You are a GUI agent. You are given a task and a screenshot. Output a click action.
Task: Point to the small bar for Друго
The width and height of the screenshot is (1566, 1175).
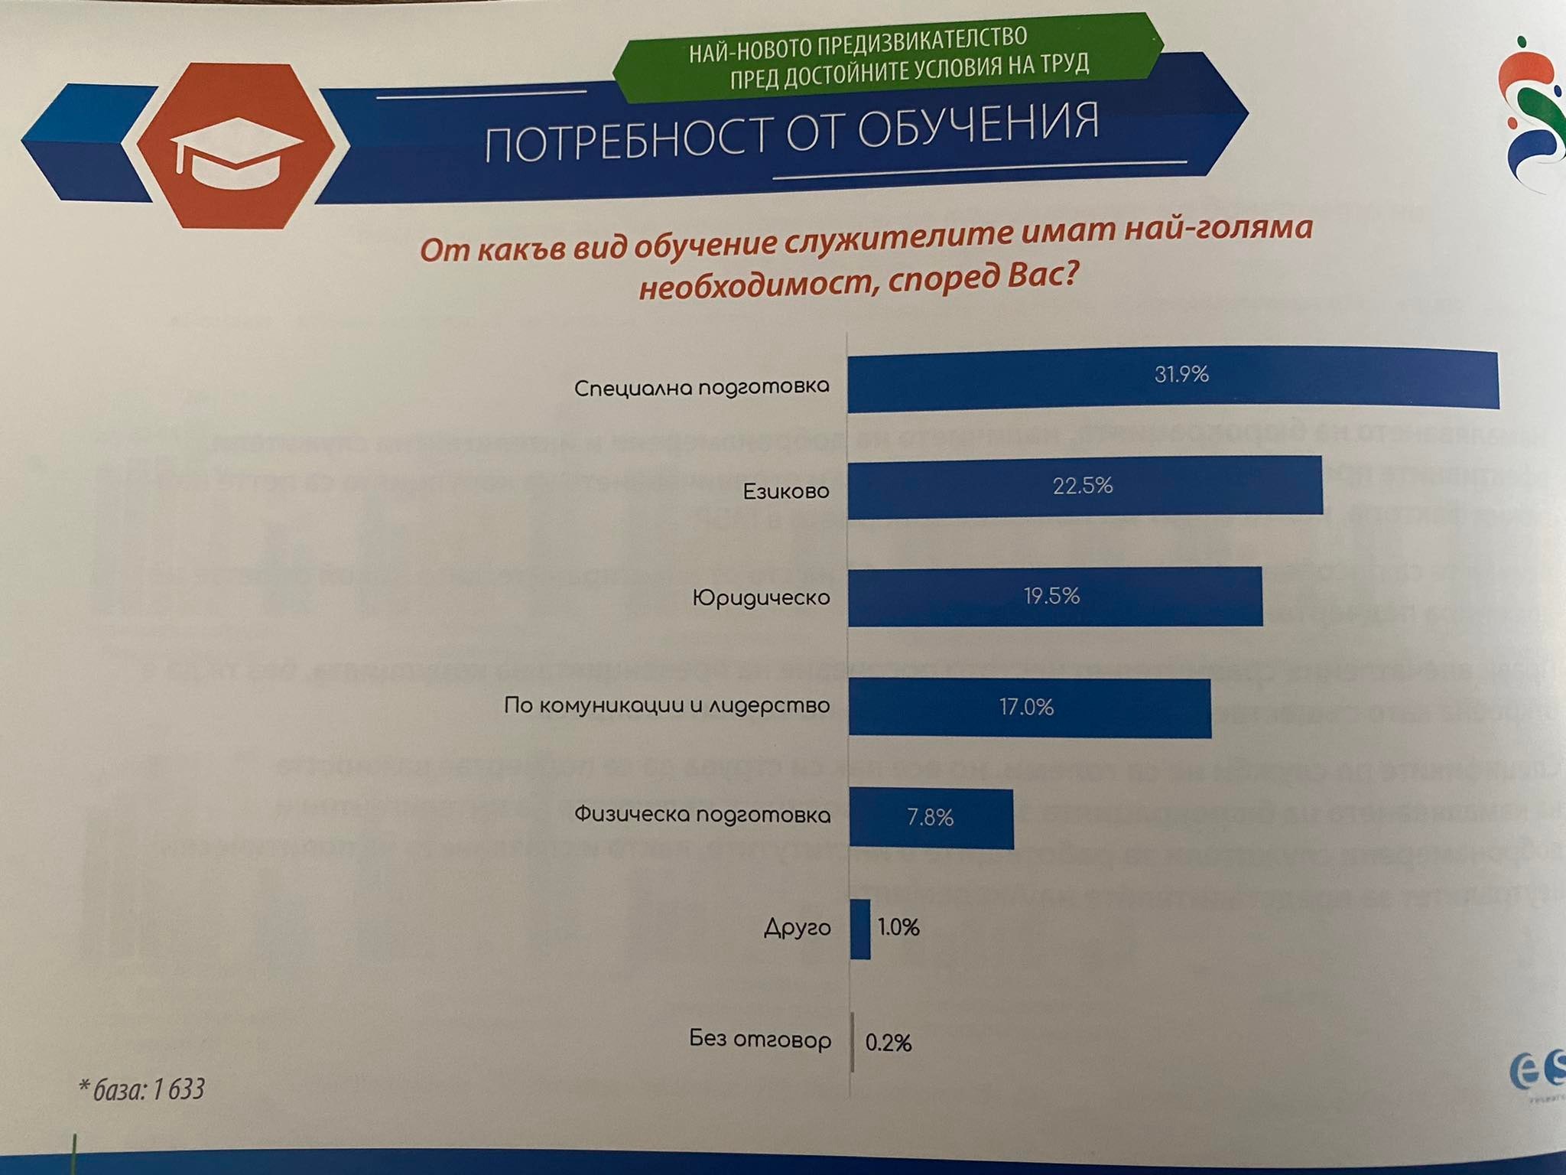point(860,929)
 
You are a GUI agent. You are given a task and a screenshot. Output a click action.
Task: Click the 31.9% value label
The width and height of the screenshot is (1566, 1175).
point(1181,374)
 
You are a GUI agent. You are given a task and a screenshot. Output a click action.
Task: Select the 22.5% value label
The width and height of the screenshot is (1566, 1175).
point(1083,486)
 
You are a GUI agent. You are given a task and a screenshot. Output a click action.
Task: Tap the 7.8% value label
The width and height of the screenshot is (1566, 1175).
point(930,818)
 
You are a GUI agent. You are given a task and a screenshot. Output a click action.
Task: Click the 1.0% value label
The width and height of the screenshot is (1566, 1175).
point(898,928)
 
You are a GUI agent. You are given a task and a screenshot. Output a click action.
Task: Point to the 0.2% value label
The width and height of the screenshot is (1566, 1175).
point(889,1043)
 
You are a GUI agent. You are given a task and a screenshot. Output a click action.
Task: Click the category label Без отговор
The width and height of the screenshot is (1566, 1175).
point(760,1040)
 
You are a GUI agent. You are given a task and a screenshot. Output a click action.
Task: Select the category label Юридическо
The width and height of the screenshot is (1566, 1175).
point(761,597)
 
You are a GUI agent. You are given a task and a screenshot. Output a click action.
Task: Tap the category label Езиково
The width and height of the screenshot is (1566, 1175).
point(786,491)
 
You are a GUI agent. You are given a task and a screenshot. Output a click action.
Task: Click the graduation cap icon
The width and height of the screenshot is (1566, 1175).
point(236,152)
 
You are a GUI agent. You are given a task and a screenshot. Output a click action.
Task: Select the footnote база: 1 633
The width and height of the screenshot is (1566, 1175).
point(143,1089)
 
